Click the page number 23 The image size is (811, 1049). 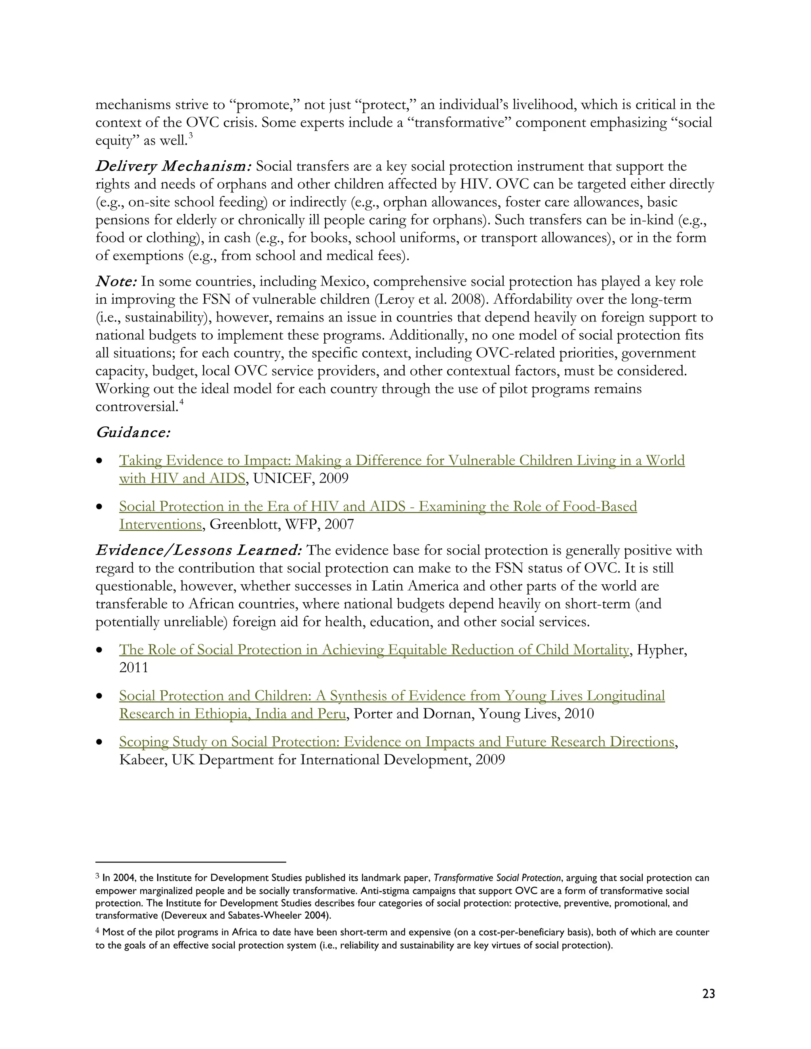coord(708,993)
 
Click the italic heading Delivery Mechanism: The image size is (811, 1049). coord(173,167)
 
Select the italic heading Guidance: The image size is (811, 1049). coord(133,433)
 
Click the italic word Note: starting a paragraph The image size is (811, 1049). coord(117,281)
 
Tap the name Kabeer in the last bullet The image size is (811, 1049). coord(142,760)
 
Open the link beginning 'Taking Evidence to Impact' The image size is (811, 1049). coord(402,461)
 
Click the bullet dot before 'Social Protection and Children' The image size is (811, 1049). coord(99,696)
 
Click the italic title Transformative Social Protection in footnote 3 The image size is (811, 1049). coord(497,878)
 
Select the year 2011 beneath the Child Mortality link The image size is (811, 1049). coord(134,668)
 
